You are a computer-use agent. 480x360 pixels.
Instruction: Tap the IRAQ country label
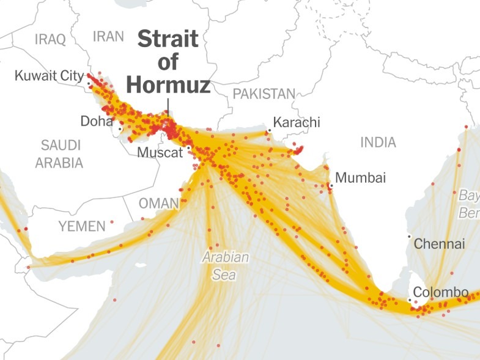50,40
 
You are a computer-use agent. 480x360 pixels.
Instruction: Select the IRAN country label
108,36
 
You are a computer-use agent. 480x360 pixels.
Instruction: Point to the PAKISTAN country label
264,94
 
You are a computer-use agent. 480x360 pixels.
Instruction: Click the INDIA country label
378,142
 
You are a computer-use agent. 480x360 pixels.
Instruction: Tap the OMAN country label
158,202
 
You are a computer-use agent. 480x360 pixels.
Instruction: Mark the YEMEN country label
82,226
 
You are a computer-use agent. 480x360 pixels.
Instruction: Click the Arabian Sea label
226,266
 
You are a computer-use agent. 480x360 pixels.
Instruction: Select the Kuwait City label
50,76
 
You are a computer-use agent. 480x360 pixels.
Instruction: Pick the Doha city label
97,121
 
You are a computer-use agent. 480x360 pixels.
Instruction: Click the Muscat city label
160,152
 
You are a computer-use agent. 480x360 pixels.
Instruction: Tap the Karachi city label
297,122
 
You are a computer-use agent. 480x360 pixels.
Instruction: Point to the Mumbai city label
361,178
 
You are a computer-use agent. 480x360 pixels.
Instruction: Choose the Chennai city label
440,244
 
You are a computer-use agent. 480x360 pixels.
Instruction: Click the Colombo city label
441,292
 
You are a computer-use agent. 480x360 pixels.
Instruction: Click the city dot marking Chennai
409,237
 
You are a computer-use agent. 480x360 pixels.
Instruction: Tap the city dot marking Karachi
268,131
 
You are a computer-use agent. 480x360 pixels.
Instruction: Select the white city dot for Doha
120,129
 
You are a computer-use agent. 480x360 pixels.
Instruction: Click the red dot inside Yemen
112,222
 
